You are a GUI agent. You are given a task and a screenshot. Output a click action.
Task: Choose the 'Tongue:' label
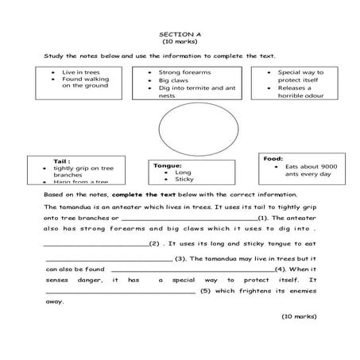[168, 165]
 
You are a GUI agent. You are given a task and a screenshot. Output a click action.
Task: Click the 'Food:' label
[273, 158]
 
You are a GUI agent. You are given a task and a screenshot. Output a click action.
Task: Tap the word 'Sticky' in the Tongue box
[184, 180]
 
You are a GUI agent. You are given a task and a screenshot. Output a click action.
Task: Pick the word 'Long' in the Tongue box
[183, 172]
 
